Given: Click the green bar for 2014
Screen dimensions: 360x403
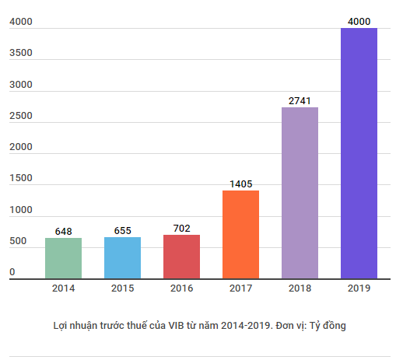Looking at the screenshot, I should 63,258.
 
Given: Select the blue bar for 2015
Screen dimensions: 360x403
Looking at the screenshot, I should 122,258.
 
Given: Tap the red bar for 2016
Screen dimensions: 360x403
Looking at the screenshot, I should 181,257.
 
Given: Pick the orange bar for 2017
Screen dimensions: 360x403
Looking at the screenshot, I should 240,234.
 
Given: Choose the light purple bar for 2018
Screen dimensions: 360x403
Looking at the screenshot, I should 300,193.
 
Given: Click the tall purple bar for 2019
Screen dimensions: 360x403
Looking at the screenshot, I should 359,153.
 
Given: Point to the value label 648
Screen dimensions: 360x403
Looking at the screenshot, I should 63,232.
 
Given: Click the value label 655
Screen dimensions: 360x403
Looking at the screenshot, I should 122,231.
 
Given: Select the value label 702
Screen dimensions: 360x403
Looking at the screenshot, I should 181,229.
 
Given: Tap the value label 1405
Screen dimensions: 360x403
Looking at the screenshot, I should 240,184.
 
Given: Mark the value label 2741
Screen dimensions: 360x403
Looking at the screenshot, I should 300,101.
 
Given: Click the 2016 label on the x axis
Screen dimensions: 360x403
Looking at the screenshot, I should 181,288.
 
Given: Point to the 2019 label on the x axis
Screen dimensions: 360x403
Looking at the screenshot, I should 359,288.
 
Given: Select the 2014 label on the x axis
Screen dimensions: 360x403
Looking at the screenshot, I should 63,288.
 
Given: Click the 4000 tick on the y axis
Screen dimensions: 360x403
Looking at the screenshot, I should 21,22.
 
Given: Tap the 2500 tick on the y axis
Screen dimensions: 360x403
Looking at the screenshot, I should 21,116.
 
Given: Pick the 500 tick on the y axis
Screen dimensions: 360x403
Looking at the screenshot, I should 18,242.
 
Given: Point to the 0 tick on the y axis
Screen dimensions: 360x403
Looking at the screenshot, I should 12,272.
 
